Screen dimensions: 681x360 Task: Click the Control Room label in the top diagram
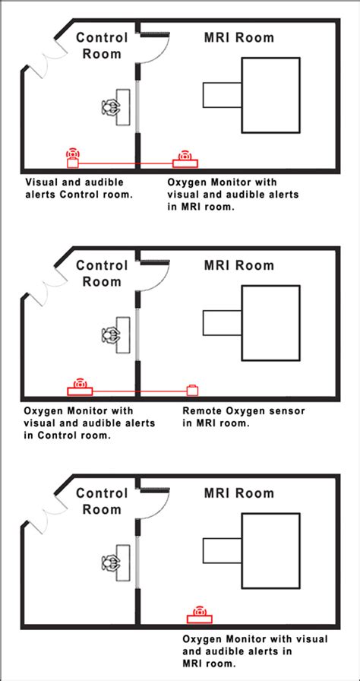(x=102, y=46)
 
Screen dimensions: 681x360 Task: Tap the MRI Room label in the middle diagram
(x=239, y=265)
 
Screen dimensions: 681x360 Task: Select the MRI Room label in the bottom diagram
(x=239, y=493)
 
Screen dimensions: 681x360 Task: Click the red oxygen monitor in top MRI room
(x=185, y=160)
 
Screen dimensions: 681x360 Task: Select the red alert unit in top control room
(x=73, y=159)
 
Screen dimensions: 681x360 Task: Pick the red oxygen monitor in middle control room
(x=80, y=388)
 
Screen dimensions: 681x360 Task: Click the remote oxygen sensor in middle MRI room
(x=193, y=390)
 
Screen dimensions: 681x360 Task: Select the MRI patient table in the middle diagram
(x=221, y=322)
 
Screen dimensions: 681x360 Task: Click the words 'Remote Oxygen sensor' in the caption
(x=243, y=410)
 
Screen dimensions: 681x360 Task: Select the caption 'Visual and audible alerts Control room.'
(x=79, y=188)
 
